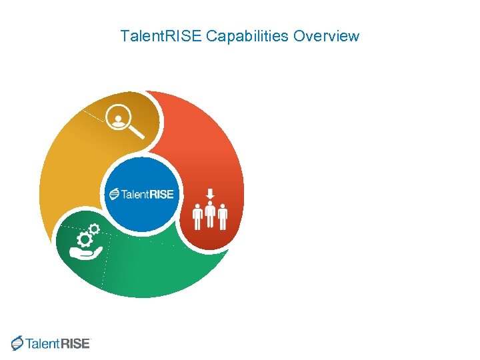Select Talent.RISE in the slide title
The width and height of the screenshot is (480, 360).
click(161, 36)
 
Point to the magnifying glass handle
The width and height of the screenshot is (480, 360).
click(138, 133)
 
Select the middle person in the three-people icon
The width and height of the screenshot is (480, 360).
click(210, 215)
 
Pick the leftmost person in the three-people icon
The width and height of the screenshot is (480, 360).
click(197, 217)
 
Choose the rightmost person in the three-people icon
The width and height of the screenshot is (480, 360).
click(223, 217)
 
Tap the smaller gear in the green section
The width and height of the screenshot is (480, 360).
click(95, 229)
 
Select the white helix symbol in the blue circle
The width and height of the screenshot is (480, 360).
click(115, 195)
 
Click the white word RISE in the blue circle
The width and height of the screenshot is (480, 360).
click(160, 195)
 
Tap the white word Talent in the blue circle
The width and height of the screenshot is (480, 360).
click(135, 195)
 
